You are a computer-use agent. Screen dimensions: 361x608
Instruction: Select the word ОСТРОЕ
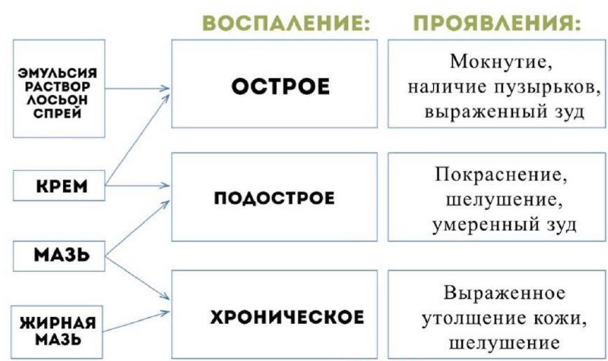280,87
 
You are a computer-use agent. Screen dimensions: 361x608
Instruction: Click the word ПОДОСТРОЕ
274,200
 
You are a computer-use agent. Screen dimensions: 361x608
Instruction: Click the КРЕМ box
59,185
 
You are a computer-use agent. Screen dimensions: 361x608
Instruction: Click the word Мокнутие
496,61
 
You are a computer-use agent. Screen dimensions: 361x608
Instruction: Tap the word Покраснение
496,175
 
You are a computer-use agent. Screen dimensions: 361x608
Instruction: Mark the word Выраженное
496,293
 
